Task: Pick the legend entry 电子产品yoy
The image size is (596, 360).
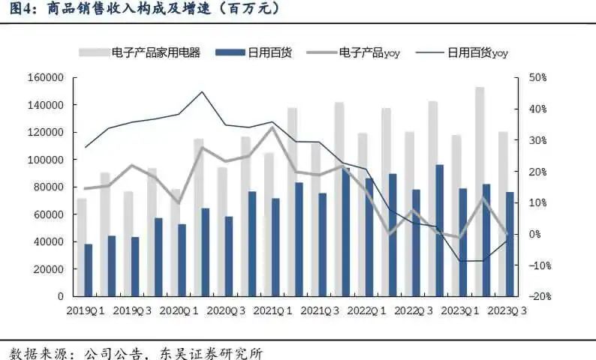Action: [369, 52]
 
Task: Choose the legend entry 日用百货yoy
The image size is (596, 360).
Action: [477, 52]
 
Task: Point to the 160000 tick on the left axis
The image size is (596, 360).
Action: [47, 78]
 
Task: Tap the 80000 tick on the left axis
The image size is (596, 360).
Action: [50, 187]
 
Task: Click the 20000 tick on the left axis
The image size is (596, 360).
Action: [50, 269]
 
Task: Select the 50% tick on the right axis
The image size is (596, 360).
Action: [537, 78]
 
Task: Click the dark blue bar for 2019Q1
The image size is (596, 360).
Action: [89, 270]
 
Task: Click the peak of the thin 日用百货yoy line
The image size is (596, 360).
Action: [202, 92]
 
